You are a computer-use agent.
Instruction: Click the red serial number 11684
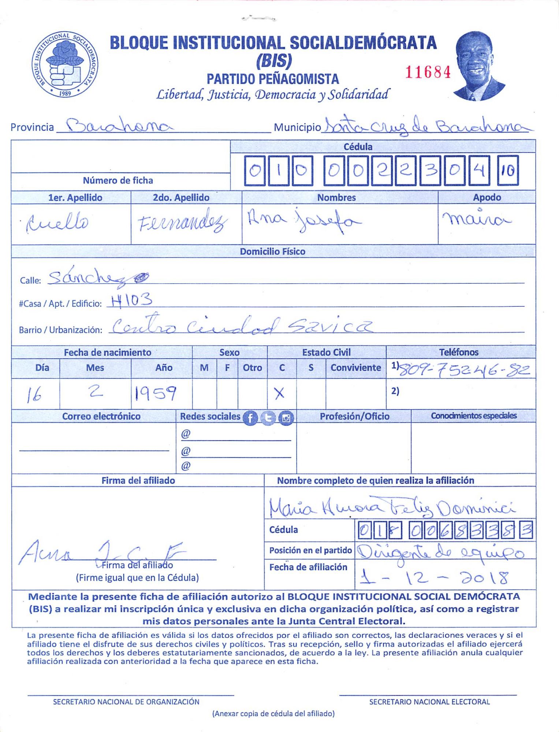(x=428, y=72)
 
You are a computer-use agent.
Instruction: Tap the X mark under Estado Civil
(x=279, y=393)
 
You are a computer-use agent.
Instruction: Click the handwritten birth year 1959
(x=156, y=393)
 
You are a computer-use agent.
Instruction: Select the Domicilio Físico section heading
(x=272, y=251)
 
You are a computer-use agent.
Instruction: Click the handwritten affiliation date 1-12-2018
(x=434, y=577)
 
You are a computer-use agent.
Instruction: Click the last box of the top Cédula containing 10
(x=508, y=171)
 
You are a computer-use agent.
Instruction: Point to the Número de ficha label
(x=118, y=180)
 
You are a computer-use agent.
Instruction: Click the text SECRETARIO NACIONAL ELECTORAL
(x=429, y=702)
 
